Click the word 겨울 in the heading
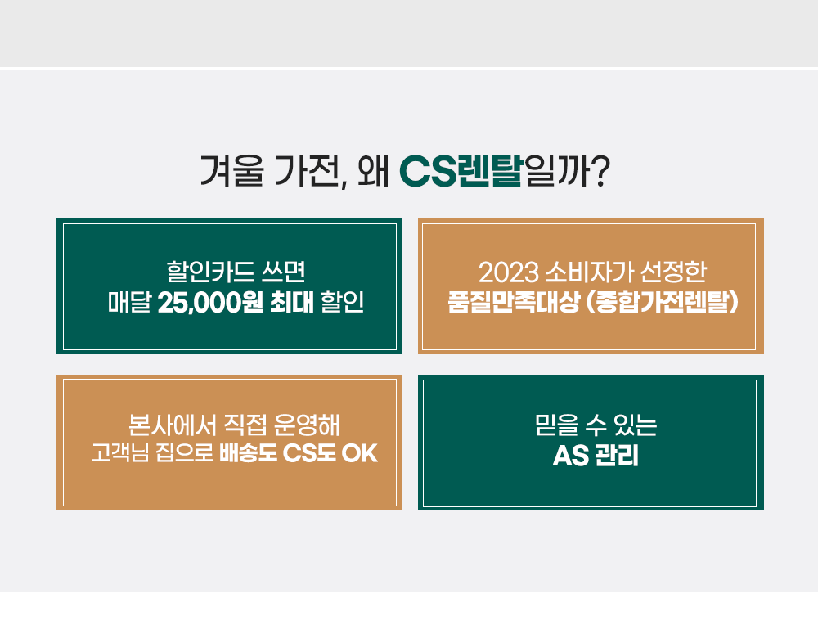click(x=232, y=171)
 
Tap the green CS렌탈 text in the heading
click(x=461, y=171)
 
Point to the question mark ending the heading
click(x=601, y=171)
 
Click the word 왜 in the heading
click(x=374, y=171)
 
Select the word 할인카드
click(x=210, y=272)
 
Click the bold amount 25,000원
click(x=209, y=302)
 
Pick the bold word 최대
click(x=292, y=302)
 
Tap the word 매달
click(x=129, y=302)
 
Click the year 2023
click(x=509, y=272)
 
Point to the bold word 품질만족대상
click(x=514, y=302)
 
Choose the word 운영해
click(x=307, y=425)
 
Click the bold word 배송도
click(x=249, y=453)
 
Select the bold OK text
click(x=360, y=453)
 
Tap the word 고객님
click(x=120, y=453)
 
